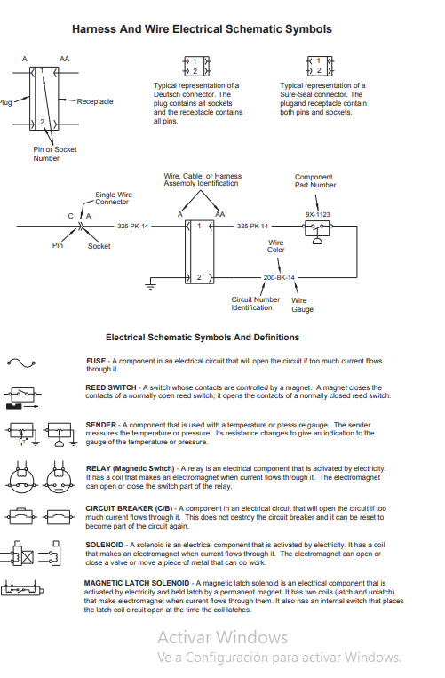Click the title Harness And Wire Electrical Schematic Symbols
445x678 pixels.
point(202,29)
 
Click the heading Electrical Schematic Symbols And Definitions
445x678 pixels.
point(203,338)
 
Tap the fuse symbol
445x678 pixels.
point(20,363)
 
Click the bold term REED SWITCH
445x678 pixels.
point(111,388)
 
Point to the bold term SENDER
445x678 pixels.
point(101,425)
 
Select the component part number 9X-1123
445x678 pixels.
point(317,214)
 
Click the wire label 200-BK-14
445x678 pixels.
point(279,278)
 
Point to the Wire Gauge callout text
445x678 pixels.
point(303,305)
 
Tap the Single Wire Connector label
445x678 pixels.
point(112,199)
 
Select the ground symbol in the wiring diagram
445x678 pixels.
point(151,286)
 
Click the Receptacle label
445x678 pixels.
point(95,101)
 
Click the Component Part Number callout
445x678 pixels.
point(315,181)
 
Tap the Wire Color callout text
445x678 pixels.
point(276,246)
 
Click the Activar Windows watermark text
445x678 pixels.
point(223,637)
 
